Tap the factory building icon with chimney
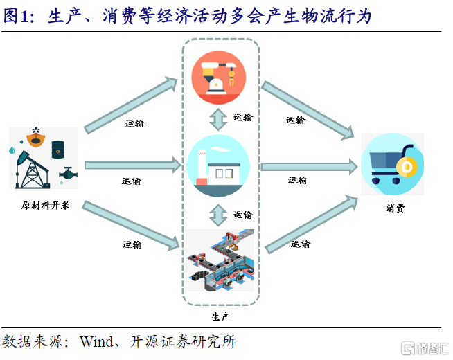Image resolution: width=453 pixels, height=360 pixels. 219,165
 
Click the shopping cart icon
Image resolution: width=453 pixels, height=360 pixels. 392,164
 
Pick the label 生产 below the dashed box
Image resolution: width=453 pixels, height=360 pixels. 220,316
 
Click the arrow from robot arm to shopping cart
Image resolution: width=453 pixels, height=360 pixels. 309,105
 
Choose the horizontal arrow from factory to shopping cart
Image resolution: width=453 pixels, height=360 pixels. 309,166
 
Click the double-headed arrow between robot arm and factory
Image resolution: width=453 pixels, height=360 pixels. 220,118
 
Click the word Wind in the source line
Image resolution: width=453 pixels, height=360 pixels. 94,341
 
